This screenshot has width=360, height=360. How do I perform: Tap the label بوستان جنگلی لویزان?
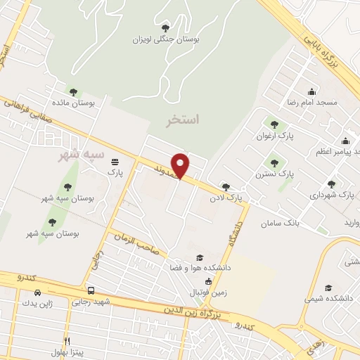[167, 40]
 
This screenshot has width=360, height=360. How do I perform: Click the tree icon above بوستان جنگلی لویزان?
[165, 28]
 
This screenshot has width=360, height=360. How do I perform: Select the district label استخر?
[183, 120]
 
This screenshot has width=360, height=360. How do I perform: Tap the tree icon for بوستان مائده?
[73, 91]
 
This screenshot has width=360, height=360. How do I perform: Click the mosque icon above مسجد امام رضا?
[312, 91]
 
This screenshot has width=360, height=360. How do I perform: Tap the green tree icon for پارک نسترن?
[274, 161]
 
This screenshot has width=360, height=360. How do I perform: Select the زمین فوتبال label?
[207, 292]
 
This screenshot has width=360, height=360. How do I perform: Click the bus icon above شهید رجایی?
[91, 290]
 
